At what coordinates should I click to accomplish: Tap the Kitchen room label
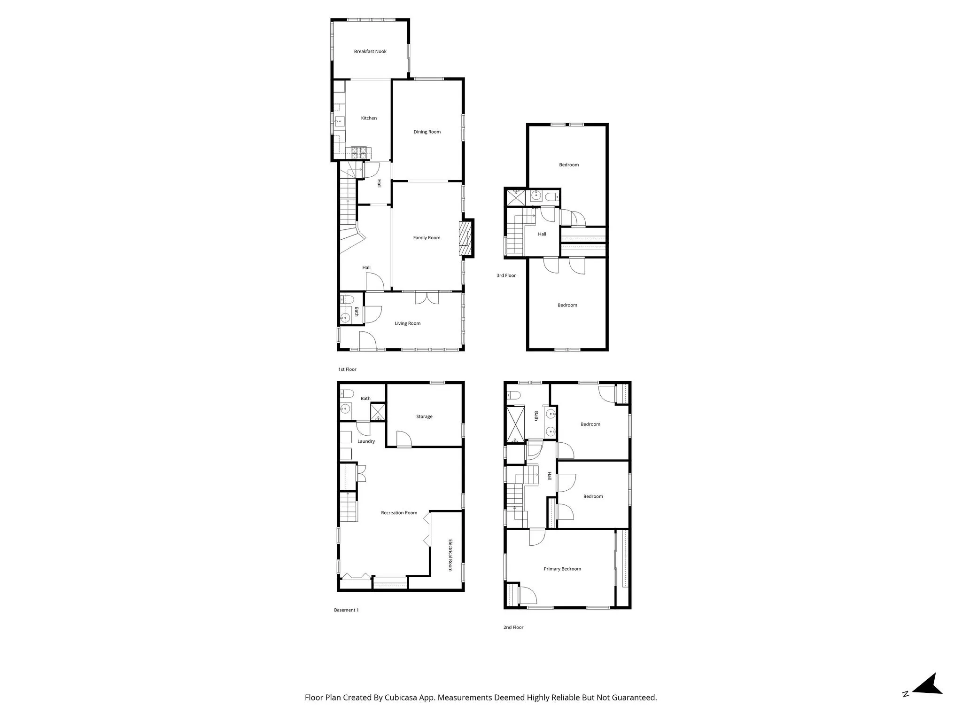369,118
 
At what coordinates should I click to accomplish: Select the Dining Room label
427,132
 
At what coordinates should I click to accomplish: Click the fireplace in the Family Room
465,238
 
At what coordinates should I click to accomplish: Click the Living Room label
407,323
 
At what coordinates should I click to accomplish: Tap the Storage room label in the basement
424,417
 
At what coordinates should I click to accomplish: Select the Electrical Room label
450,555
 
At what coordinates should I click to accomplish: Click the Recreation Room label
399,513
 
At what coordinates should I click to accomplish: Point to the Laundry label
366,442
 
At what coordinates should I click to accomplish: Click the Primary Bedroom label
562,569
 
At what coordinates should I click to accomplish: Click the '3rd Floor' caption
506,276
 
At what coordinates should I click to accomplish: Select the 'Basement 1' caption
346,610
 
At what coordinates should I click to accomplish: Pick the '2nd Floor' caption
513,628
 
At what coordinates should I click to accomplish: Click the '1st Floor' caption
347,370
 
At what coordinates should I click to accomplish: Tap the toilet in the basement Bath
346,393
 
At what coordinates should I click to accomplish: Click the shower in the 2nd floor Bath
515,425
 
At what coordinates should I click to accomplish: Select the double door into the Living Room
427,299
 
